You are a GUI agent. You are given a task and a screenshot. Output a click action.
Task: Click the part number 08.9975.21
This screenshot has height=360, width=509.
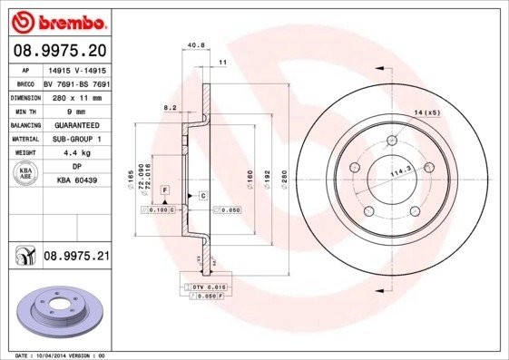click(x=76, y=258)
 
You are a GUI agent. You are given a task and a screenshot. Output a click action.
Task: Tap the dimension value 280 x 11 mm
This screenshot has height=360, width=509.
click(x=76, y=95)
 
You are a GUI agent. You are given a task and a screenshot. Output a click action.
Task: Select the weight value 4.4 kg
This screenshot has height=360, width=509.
click(x=76, y=153)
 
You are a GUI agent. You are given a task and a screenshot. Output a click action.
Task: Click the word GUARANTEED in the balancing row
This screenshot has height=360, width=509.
click(x=76, y=124)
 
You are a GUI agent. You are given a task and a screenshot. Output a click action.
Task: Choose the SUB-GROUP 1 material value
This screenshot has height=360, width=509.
click(x=76, y=139)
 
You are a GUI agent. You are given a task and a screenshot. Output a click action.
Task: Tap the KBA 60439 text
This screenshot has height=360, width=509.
click(x=76, y=181)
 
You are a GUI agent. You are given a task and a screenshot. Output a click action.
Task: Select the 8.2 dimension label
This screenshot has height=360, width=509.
click(x=170, y=107)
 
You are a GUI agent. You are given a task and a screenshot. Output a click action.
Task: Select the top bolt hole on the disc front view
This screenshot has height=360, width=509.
click(x=392, y=141)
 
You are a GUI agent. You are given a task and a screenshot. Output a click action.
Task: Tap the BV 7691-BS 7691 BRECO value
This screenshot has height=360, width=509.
click(x=76, y=82)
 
